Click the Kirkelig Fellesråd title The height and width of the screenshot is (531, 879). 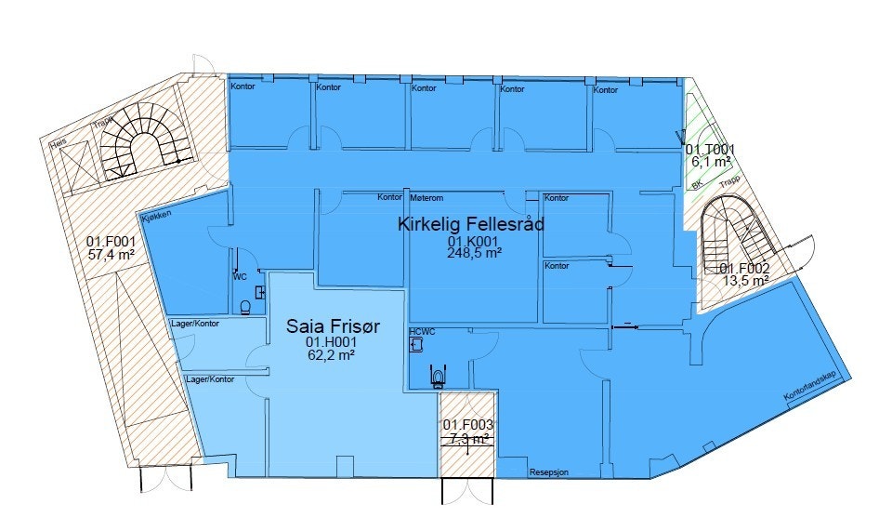(x=470, y=224)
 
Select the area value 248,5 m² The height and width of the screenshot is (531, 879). (x=474, y=252)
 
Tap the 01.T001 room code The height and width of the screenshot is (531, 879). (x=711, y=149)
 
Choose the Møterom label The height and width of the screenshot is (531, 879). (x=426, y=198)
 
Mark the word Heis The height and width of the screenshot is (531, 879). (x=59, y=141)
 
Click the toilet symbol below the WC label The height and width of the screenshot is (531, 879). (x=245, y=308)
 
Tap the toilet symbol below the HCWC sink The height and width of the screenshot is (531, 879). (x=437, y=377)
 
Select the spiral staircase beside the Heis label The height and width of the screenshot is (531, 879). (x=139, y=144)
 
